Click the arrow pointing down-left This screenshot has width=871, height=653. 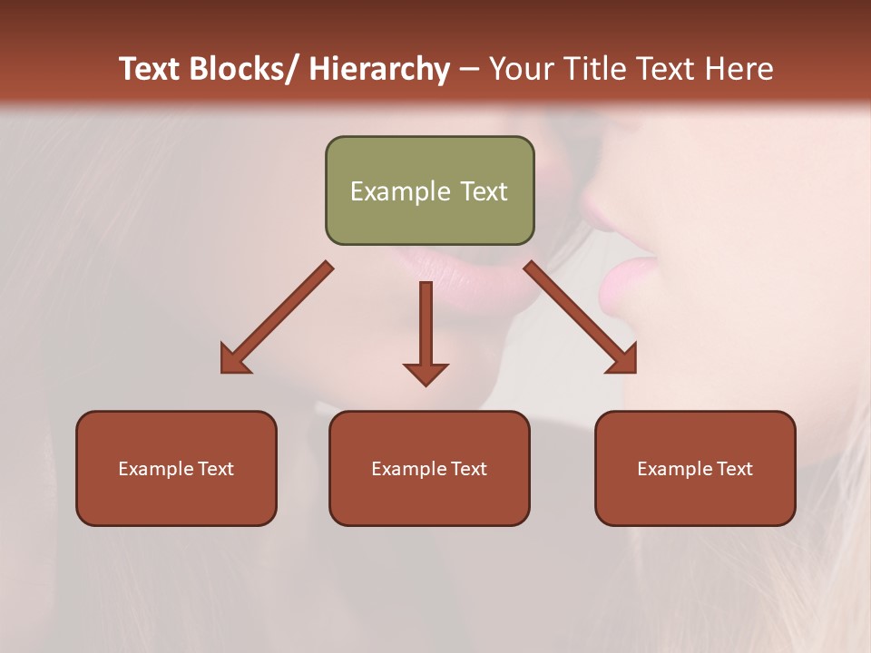[x=278, y=317]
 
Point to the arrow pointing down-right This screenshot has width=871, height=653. [x=579, y=317]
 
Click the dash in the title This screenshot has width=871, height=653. [x=469, y=69]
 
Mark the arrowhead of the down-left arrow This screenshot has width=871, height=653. [x=234, y=359]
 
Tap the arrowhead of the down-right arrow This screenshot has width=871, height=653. [x=622, y=359]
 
